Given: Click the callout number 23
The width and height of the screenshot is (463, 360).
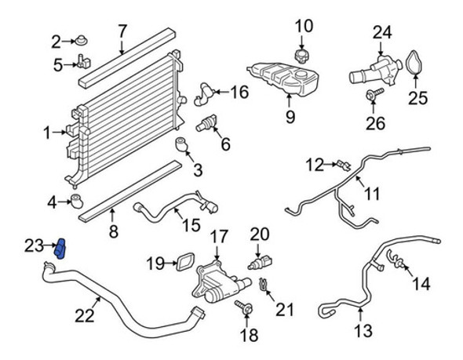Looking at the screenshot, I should (32, 246).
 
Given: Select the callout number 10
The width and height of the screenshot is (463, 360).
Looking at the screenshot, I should (303, 30).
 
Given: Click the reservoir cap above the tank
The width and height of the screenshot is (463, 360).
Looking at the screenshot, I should (301, 56).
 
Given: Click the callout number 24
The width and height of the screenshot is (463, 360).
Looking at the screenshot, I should (381, 33).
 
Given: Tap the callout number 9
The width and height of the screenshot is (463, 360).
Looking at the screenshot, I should (290, 118).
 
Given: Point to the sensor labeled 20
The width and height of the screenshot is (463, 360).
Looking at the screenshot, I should (259, 260).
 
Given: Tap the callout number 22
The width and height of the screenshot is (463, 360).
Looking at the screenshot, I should (84, 317).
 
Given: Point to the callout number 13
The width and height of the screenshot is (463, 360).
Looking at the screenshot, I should (363, 332).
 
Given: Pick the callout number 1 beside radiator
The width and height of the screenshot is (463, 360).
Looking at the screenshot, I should (47, 133).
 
